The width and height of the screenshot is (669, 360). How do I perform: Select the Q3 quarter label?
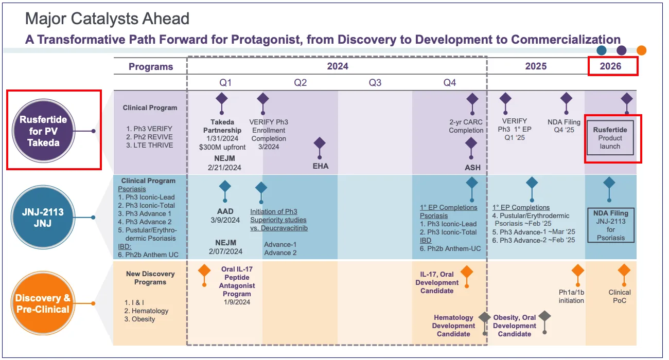coord(375,82)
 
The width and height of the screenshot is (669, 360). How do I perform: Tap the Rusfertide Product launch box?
coord(610,138)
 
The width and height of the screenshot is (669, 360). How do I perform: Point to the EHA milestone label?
coord(320,166)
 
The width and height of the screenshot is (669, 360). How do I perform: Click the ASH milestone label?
coord(472,167)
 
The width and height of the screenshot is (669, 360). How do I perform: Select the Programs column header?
coord(151,66)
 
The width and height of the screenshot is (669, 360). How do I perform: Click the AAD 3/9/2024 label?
coord(225,215)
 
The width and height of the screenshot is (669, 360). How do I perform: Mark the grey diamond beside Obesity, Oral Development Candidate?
coord(544,316)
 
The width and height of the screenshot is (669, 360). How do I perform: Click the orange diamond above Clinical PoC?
coord(623,271)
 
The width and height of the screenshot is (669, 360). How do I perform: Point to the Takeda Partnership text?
coord(222,126)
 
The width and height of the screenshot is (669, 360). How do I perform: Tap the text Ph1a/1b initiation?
coord(571,296)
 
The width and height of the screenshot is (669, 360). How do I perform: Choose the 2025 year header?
coord(536,66)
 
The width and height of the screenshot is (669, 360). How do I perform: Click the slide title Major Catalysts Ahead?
coord(107,19)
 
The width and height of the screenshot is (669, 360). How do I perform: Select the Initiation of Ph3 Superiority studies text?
coord(279,220)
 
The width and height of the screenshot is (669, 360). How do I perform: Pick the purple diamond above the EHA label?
coord(320,143)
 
